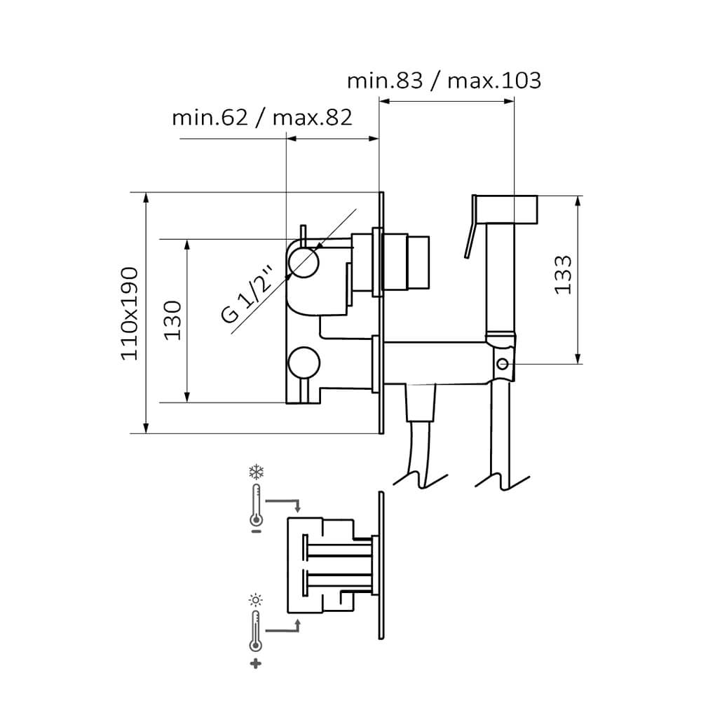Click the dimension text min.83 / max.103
coord(444,81)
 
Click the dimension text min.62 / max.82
coord(262,118)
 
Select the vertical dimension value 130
coord(172,320)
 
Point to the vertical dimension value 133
coord(563,275)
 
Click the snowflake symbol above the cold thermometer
coord(256,472)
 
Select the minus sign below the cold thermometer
coord(256,531)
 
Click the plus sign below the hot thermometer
coord(256,664)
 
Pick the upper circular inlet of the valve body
coord(304,262)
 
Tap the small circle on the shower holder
coord(503,364)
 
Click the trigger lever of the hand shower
coord(470,240)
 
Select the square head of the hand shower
coord(505,209)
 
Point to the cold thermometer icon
coord(256,504)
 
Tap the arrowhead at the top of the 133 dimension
coord(578,202)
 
